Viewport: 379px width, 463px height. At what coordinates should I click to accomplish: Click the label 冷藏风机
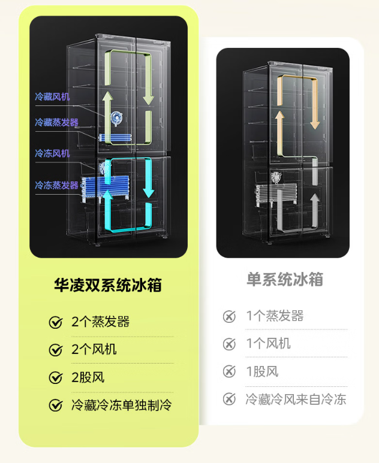coord(52,96)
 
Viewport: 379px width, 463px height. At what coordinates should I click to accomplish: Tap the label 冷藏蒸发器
coord(56,122)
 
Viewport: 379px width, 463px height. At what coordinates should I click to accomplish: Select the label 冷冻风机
coord(52,153)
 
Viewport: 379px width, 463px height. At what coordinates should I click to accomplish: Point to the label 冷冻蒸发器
coord(56,185)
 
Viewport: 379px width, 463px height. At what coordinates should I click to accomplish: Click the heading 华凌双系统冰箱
coord(108,285)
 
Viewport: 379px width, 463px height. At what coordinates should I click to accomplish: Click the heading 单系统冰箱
coord(285,279)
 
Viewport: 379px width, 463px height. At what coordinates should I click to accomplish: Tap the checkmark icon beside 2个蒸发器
coord(56,323)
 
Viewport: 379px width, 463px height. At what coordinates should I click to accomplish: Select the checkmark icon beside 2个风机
coord(56,350)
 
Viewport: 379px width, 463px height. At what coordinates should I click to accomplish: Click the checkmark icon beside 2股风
coord(56,378)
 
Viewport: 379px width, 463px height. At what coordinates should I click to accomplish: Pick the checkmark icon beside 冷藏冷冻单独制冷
coord(56,405)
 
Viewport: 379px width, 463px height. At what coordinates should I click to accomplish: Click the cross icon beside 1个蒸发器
coord(229,316)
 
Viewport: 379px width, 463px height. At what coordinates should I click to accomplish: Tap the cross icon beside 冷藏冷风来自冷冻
coord(229,399)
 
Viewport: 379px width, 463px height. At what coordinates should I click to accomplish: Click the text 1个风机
coord(268,343)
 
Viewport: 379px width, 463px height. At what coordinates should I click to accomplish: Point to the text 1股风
coord(262,371)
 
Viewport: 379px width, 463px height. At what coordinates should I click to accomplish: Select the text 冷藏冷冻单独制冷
coord(121,405)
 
